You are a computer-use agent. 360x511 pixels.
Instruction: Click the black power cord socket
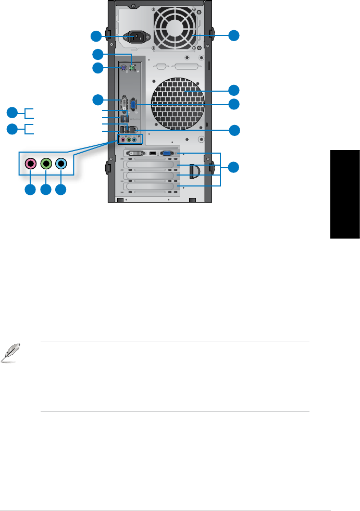pos(136,37)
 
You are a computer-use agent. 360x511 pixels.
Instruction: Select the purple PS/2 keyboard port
pos(122,68)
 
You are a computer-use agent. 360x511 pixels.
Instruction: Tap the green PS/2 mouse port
pos(132,68)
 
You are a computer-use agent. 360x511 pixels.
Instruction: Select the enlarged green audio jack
pos(46,164)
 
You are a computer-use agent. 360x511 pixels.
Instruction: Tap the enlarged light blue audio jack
pos(61,164)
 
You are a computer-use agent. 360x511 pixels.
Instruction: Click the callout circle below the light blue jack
pos(61,190)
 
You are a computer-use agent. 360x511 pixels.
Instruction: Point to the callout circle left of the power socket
pos(96,36)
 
